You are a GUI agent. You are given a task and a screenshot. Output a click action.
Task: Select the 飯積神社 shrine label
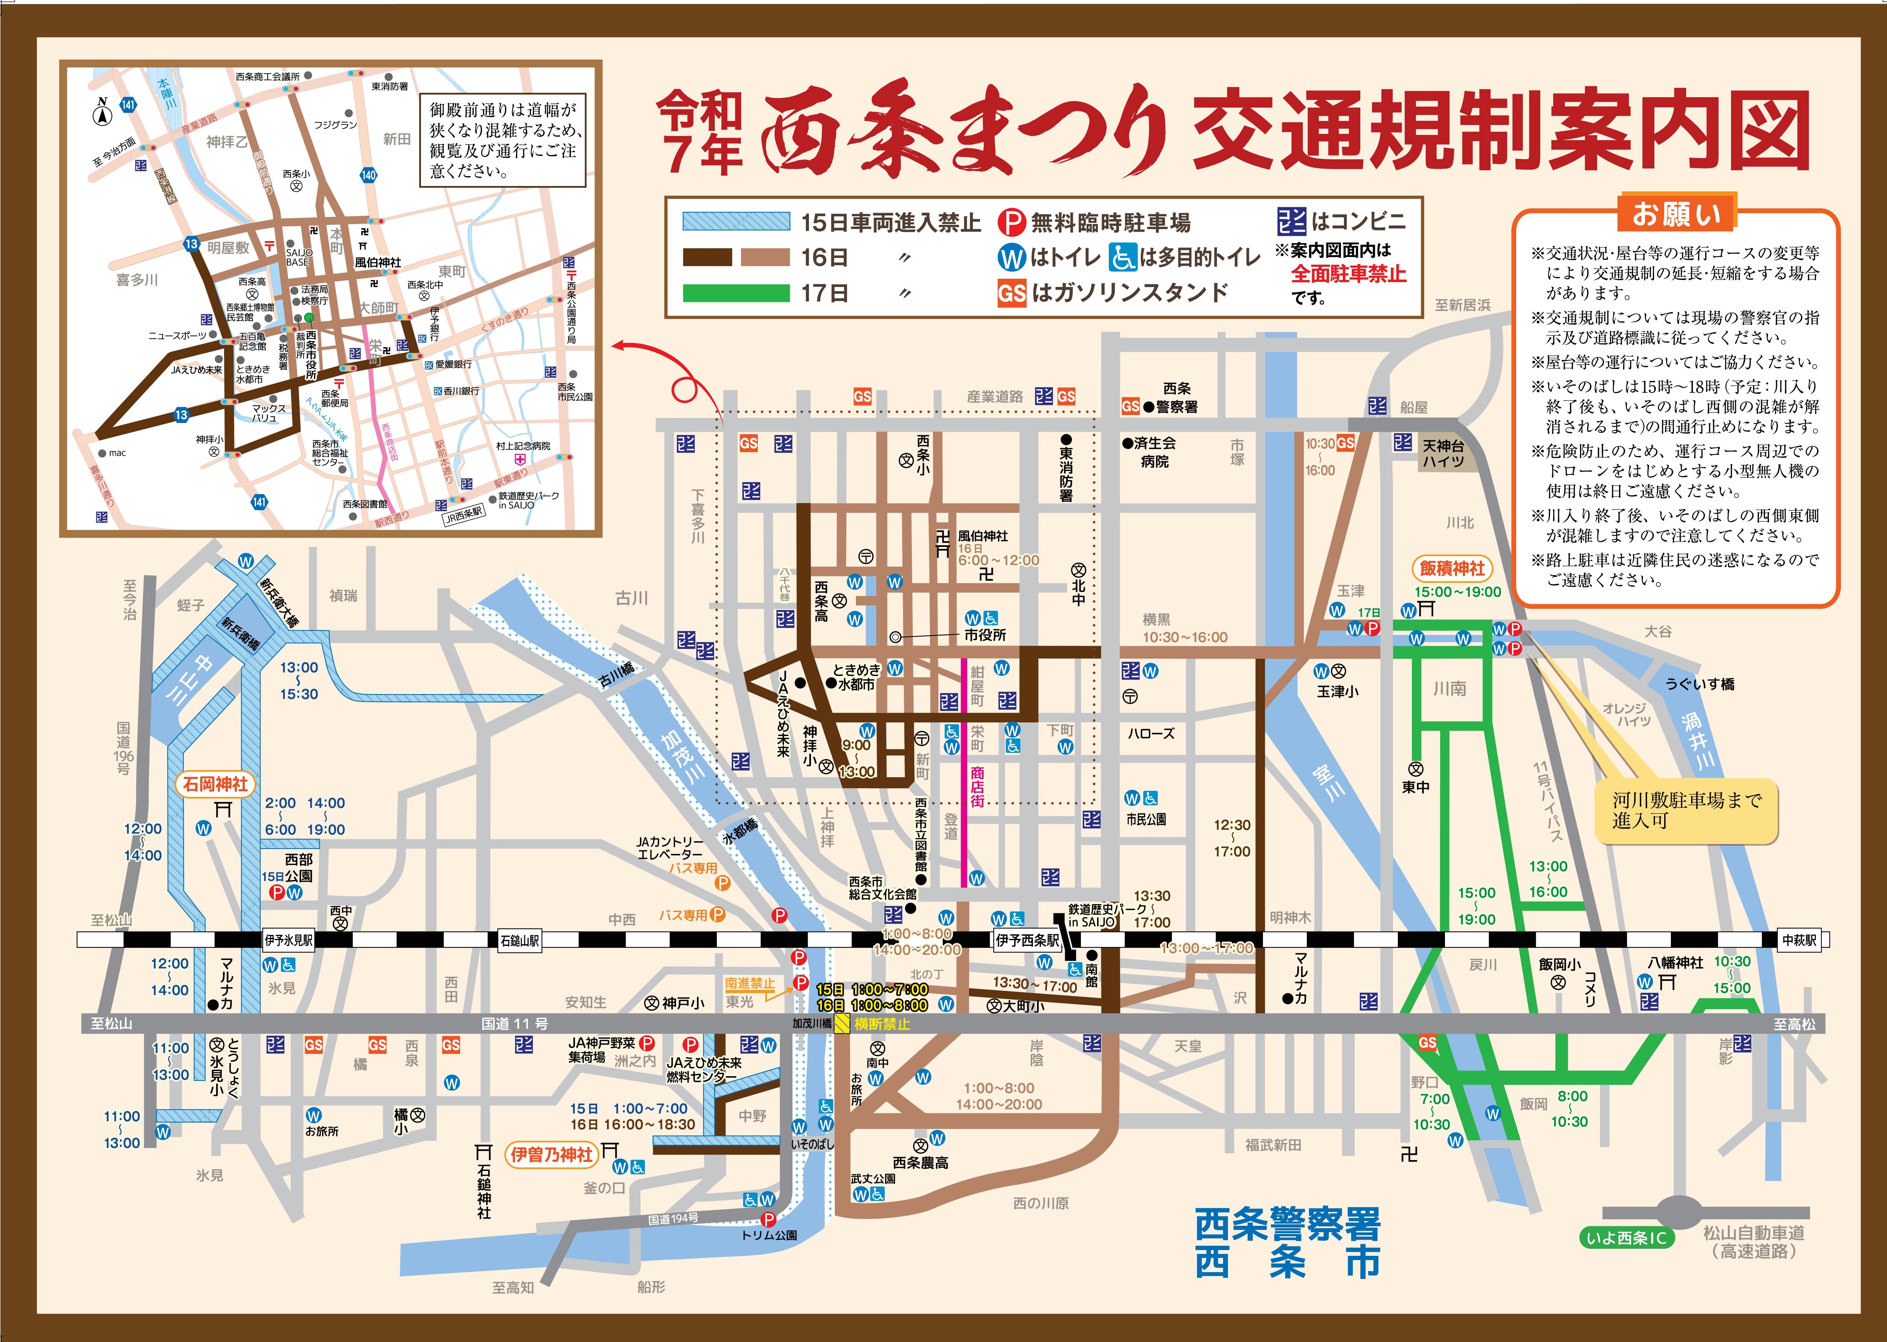click(1452, 568)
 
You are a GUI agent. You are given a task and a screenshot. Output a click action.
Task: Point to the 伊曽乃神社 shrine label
click(551, 1154)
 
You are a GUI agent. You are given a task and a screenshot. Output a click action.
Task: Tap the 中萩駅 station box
click(1799, 940)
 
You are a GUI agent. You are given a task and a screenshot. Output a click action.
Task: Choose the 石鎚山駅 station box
click(519, 940)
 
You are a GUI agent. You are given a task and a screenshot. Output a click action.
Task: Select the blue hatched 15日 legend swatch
click(735, 222)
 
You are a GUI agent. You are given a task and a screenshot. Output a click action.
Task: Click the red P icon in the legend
click(1011, 222)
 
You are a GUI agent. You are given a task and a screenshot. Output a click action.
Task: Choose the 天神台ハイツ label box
click(1443, 454)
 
